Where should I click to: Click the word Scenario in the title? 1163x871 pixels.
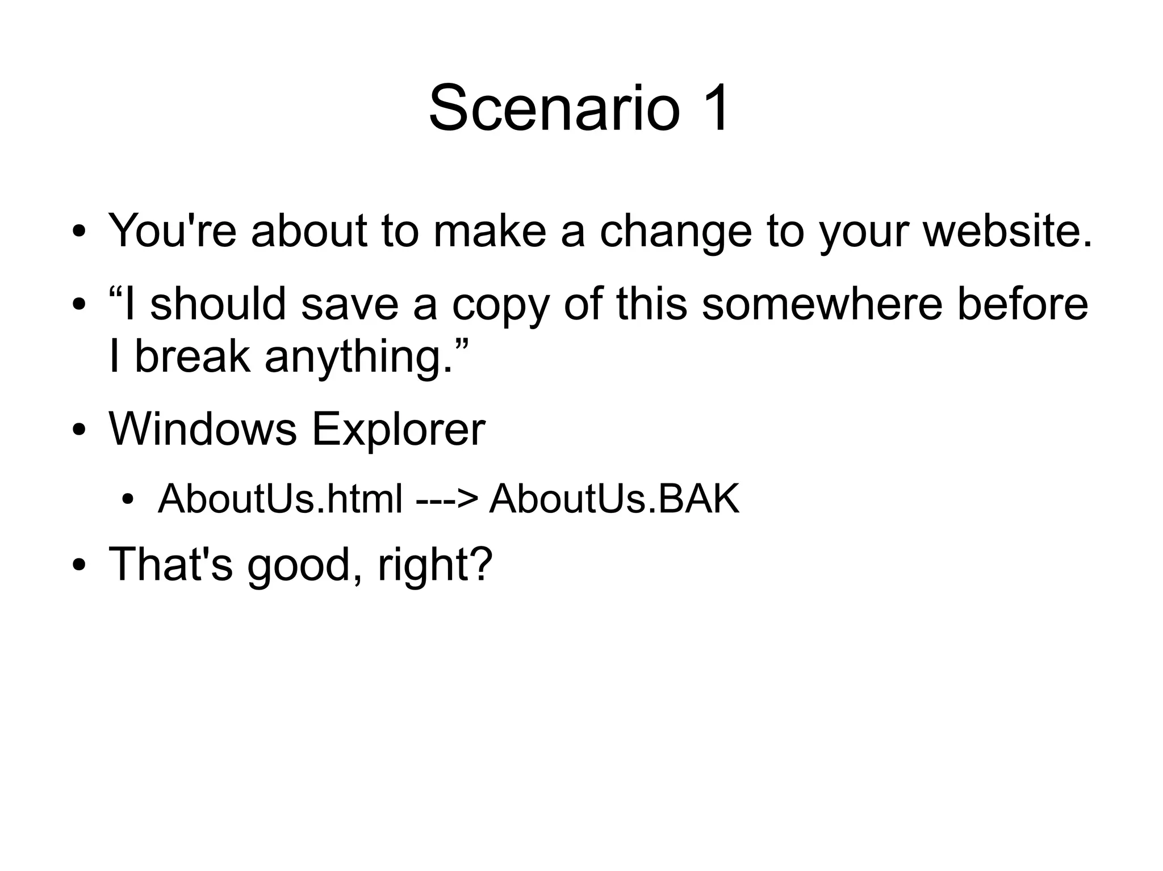pos(554,108)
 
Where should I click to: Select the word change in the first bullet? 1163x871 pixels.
pos(676,232)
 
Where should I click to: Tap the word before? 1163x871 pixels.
pos(1023,304)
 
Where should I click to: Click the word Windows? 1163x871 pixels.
pos(203,429)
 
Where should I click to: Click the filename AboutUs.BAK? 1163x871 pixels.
pos(614,499)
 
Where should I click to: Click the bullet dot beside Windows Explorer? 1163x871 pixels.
pos(79,431)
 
